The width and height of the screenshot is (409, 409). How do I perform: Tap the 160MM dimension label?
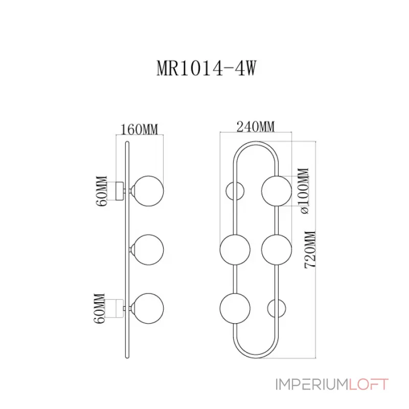[x=139, y=129]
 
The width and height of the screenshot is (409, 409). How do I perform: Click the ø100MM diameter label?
[x=304, y=190]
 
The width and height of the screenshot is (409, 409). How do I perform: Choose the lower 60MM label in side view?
[x=100, y=308]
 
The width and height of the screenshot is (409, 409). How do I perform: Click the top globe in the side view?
[x=148, y=190]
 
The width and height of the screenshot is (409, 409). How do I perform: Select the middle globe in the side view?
[x=148, y=249]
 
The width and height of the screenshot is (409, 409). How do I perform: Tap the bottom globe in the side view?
[x=148, y=308]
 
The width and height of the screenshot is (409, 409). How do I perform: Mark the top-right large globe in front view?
[x=277, y=190]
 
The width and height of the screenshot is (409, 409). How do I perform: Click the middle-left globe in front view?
[x=235, y=249]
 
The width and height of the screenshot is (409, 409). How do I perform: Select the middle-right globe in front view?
[x=277, y=249]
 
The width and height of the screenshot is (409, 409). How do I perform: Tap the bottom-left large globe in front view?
[x=235, y=308]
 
